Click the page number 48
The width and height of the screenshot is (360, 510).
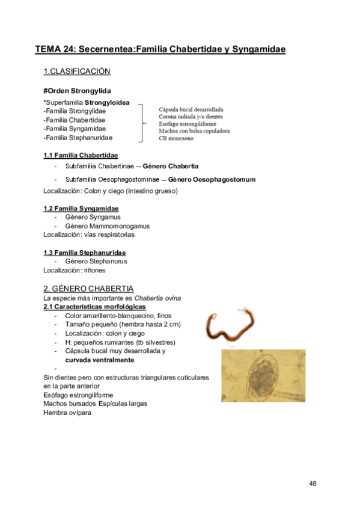point(313,484)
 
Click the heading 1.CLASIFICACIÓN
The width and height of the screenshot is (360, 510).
point(77,72)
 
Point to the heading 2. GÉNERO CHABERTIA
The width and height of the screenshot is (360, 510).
point(88,289)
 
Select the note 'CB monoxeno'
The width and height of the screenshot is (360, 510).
point(178,139)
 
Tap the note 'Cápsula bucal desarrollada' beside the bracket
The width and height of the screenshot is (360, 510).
point(191,110)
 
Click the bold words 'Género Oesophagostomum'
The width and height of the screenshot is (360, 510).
point(212,180)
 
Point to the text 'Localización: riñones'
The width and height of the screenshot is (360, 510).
point(75,271)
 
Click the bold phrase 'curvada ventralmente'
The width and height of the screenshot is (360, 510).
point(100,360)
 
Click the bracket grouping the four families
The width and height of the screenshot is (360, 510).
point(143,123)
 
